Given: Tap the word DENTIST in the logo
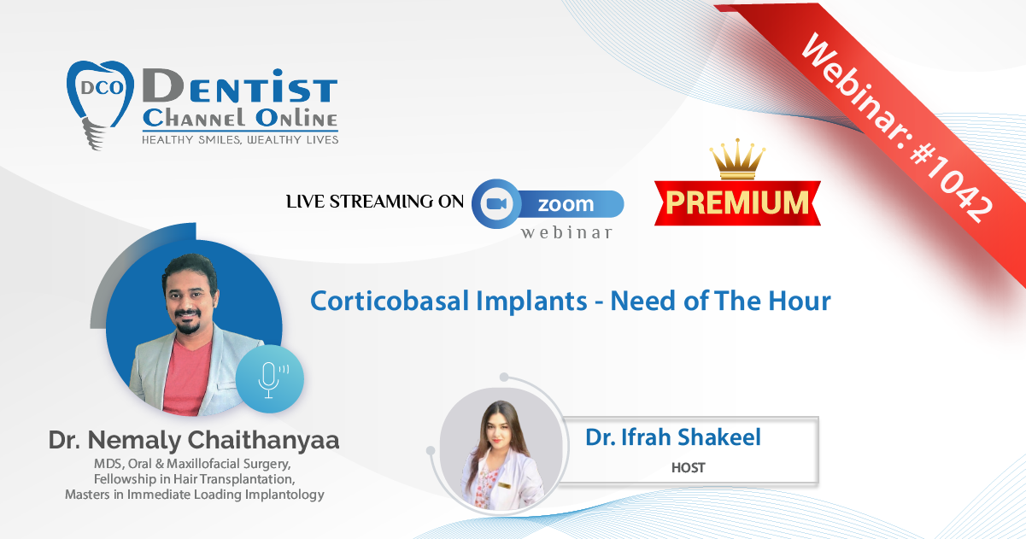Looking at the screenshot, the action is pyautogui.click(x=240, y=86).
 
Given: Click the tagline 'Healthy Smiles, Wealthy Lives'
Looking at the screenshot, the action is pyautogui.click(x=240, y=140).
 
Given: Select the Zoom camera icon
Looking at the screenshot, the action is pyautogui.click(x=496, y=204).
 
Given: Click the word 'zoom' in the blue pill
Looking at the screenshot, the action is pyautogui.click(x=566, y=204).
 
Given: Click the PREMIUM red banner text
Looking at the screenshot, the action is pyautogui.click(x=737, y=202).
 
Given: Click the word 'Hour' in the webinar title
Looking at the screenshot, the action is pyautogui.click(x=800, y=302).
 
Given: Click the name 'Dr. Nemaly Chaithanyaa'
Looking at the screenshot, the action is pyautogui.click(x=194, y=440).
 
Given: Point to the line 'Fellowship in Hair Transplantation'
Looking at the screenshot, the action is pyautogui.click(x=194, y=479).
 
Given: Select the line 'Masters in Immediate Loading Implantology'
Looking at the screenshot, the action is pyautogui.click(x=195, y=495).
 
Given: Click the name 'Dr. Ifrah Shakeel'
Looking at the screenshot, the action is pyautogui.click(x=673, y=436).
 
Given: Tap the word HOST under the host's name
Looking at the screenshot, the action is pyautogui.click(x=689, y=467).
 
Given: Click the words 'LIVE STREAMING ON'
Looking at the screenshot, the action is pyautogui.click(x=375, y=202).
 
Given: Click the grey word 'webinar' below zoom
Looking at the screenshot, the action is pyautogui.click(x=567, y=233).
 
